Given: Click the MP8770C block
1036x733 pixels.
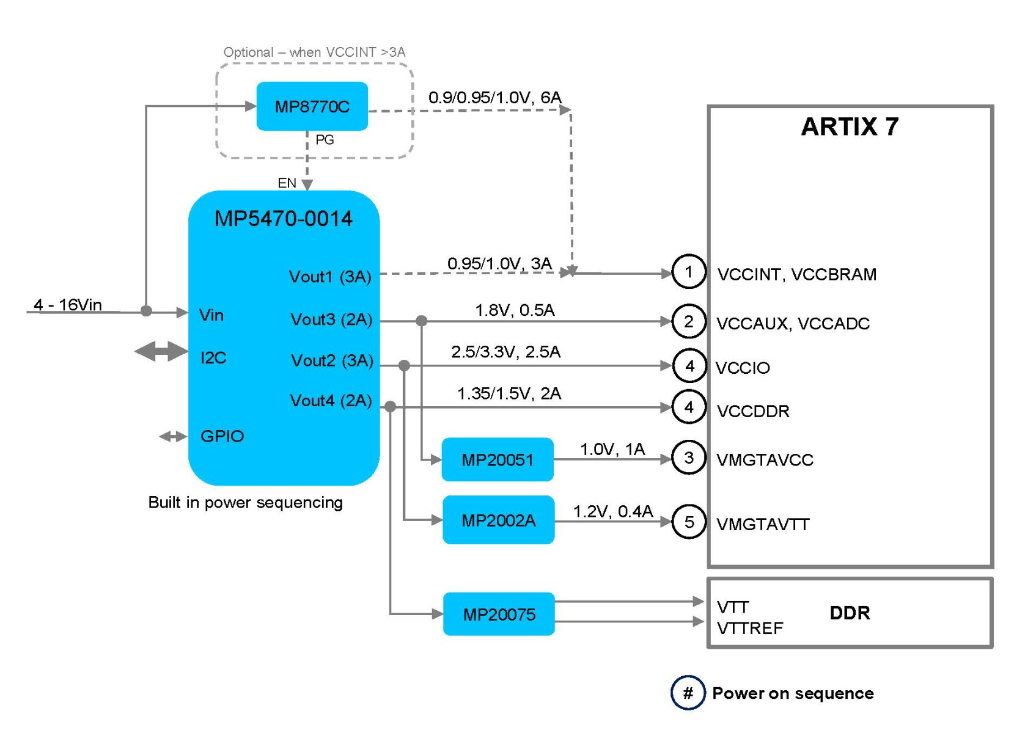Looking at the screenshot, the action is [x=312, y=106].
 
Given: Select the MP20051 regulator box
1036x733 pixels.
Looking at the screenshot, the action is [x=498, y=459].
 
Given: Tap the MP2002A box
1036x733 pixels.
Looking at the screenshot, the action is [x=499, y=520].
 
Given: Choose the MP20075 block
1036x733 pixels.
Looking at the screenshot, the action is [x=499, y=614].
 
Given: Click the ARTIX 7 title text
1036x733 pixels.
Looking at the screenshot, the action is [x=850, y=126].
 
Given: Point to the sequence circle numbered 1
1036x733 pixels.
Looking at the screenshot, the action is [x=689, y=272].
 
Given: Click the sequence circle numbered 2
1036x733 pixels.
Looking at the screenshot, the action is [x=689, y=321].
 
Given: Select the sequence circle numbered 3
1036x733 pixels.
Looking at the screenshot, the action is [x=689, y=458].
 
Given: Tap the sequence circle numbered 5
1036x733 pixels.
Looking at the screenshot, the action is [x=689, y=522].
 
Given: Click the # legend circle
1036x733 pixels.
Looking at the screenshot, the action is [x=688, y=693].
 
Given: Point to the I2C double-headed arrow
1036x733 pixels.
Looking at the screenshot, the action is [x=161, y=351].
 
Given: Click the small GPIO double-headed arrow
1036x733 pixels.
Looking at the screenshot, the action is [x=173, y=436].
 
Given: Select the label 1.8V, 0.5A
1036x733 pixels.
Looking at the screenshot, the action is [x=515, y=310].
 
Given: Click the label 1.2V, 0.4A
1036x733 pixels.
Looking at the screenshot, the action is [x=613, y=511].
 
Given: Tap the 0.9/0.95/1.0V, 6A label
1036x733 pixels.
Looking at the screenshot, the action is [x=495, y=97].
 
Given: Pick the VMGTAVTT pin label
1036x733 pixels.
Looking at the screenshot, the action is [x=763, y=524].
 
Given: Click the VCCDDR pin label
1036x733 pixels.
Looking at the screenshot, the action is [x=753, y=411].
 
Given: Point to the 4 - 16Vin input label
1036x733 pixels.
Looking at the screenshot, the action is [x=67, y=305].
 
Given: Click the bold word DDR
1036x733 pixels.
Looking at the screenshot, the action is [x=850, y=613].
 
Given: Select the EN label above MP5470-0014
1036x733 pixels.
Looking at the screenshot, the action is [x=287, y=183].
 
